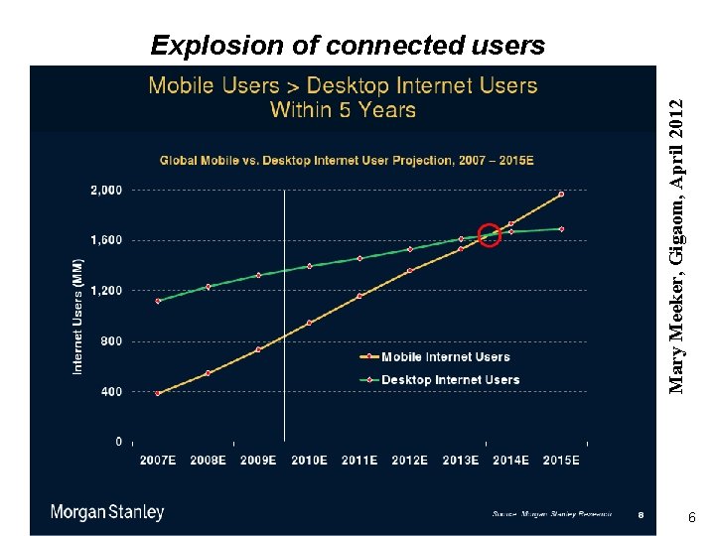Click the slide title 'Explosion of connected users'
pos(348,46)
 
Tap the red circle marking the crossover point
pos(490,235)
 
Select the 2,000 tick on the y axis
pos(106,190)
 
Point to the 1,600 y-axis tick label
pos(106,240)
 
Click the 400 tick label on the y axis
pos(111,391)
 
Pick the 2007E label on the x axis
pos(158,461)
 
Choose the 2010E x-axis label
pos(309,461)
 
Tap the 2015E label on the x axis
pos(561,461)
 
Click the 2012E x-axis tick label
pos(409,461)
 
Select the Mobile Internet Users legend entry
pos(445,357)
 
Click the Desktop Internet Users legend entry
pos(450,379)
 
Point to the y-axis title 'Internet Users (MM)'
pos(78,317)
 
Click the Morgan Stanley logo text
pos(107,512)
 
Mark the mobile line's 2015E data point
pos(561,194)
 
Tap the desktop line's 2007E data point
pos(158,301)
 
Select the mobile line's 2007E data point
pos(158,393)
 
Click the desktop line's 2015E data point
pos(561,229)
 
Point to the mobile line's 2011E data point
pos(359,296)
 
